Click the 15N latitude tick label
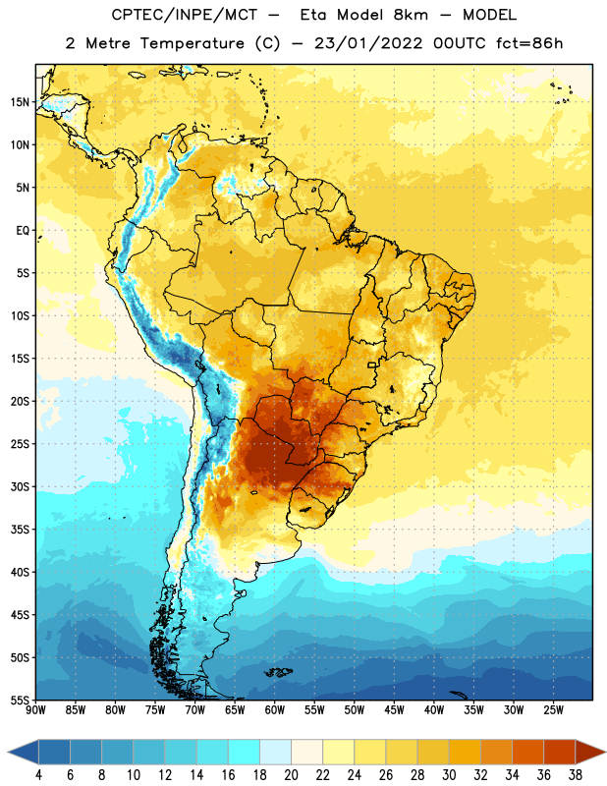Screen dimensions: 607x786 click(20, 102)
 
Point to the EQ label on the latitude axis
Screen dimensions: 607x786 click(23, 231)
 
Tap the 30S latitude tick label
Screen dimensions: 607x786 click(20, 486)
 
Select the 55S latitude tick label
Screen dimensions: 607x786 click(20, 701)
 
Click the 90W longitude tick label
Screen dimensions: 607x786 click(35, 710)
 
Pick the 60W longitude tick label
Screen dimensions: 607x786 click(275, 710)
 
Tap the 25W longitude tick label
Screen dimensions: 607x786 click(553, 710)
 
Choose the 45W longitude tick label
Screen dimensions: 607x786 click(394, 710)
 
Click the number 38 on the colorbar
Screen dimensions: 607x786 click(576, 775)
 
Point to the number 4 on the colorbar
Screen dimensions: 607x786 click(38, 775)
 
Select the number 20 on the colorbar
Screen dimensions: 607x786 click(291, 775)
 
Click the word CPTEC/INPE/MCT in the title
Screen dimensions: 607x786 click(185, 15)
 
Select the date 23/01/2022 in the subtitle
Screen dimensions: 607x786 click(369, 43)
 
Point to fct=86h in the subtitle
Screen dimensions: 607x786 click(529, 43)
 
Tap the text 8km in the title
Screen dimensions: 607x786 click(411, 15)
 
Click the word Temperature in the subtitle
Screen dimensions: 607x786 click(192, 43)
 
